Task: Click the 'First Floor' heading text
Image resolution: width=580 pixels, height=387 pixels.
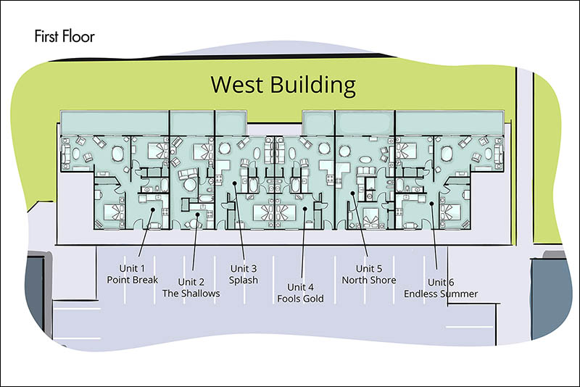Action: pyautogui.click(x=65, y=36)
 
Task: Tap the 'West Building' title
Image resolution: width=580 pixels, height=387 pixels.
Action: pyautogui.click(x=283, y=85)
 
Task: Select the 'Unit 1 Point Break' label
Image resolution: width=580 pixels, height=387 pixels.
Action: pyautogui.click(x=133, y=274)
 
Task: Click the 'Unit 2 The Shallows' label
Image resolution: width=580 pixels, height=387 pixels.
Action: pyautogui.click(x=191, y=288)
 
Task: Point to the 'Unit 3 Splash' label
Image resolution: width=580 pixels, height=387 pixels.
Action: pyautogui.click(x=244, y=274)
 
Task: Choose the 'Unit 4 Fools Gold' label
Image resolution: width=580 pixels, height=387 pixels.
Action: pyautogui.click(x=300, y=293)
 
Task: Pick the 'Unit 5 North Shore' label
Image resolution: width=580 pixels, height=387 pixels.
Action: pyautogui.click(x=369, y=274)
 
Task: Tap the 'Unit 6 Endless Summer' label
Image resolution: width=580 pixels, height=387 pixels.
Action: pyautogui.click(x=441, y=288)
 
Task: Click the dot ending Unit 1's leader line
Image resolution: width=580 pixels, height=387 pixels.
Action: pyautogui.click(x=153, y=209)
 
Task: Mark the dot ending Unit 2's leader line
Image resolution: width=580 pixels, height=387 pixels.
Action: pyautogui.click(x=197, y=214)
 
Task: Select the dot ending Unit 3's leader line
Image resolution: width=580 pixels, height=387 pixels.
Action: pyautogui.click(x=234, y=183)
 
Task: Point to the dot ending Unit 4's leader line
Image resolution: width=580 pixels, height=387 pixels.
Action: pyautogui.click(x=304, y=209)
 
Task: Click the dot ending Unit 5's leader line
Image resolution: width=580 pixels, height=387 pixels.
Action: pyautogui.click(x=353, y=193)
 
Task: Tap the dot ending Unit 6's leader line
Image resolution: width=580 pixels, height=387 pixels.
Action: pyautogui.click(x=431, y=204)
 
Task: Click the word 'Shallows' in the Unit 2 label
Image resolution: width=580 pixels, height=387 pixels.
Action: pyautogui.click(x=202, y=294)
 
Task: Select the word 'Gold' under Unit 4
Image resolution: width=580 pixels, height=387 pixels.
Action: pyautogui.click(x=314, y=299)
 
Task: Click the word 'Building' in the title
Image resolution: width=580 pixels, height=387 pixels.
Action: pyautogui.click(x=313, y=86)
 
